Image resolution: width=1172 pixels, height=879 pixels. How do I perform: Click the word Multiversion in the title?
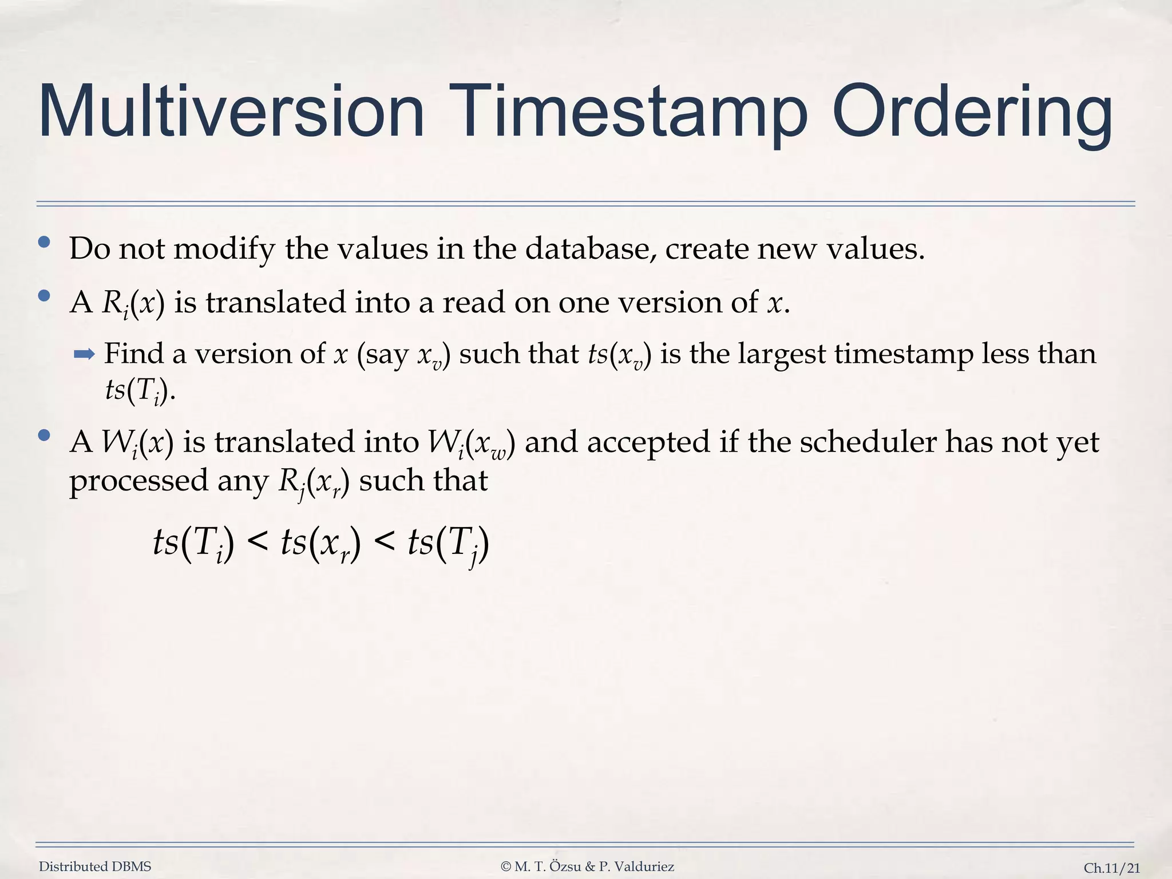[231, 112]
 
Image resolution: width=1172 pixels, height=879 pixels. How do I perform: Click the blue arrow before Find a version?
[84, 355]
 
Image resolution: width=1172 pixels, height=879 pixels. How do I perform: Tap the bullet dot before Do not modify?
[44, 242]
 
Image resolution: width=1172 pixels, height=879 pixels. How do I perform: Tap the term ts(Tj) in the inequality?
[448, 543]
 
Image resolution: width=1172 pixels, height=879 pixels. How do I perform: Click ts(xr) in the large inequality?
[320, 543]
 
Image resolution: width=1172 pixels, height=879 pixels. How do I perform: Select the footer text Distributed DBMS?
[95, 867]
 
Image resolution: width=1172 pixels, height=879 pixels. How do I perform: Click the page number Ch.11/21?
[1112, 868]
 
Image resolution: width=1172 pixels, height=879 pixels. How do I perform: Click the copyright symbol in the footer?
[506, 867]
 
